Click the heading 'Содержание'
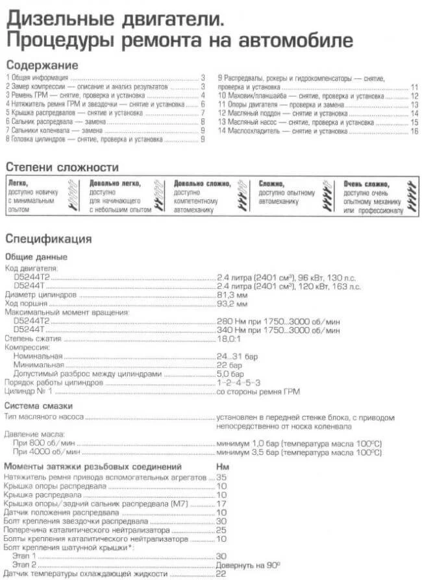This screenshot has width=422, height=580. click(42, 66)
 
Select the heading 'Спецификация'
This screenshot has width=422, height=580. click(49, 239)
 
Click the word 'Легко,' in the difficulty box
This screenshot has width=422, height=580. click(18, 184)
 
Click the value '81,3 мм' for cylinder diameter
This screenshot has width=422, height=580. click(232, 295)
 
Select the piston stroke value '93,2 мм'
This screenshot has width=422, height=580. click(232, 303)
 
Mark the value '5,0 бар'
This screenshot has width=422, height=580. click(230, 374)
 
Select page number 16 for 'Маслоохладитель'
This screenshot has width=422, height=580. click(414, 131)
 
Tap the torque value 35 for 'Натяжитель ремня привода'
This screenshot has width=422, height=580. click(221, 477)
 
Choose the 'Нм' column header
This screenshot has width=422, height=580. click(222, 467)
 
